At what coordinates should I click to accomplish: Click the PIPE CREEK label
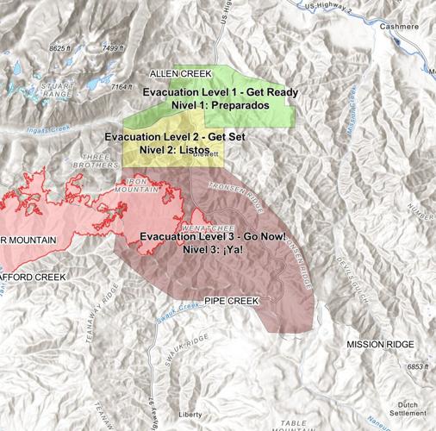pos(231,301)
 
